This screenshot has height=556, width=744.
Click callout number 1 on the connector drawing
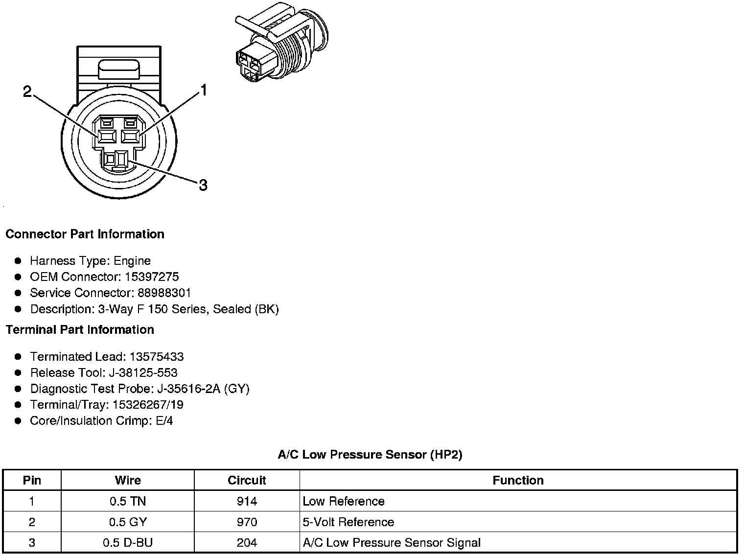(203, 90)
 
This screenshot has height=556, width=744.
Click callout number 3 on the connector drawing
(203, 185)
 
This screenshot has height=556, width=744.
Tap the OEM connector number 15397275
(152, 277)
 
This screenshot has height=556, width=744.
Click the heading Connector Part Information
(85, 234)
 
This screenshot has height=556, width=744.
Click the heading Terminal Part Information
(80, 330)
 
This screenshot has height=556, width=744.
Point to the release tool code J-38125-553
(143, 373)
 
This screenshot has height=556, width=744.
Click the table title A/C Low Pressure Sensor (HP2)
(370, 455)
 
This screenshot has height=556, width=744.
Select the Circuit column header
(247, 481)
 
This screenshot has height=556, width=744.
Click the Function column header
(518, 481)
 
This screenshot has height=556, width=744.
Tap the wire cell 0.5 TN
(128, 502)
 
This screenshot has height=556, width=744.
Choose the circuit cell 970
(247, 522)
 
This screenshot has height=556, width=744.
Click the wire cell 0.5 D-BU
(128, 543)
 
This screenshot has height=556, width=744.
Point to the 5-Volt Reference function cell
(349, 522)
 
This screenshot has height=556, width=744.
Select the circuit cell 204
(247, 543)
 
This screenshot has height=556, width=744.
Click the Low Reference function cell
(344, 502)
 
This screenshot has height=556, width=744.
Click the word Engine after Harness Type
(132, 261)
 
